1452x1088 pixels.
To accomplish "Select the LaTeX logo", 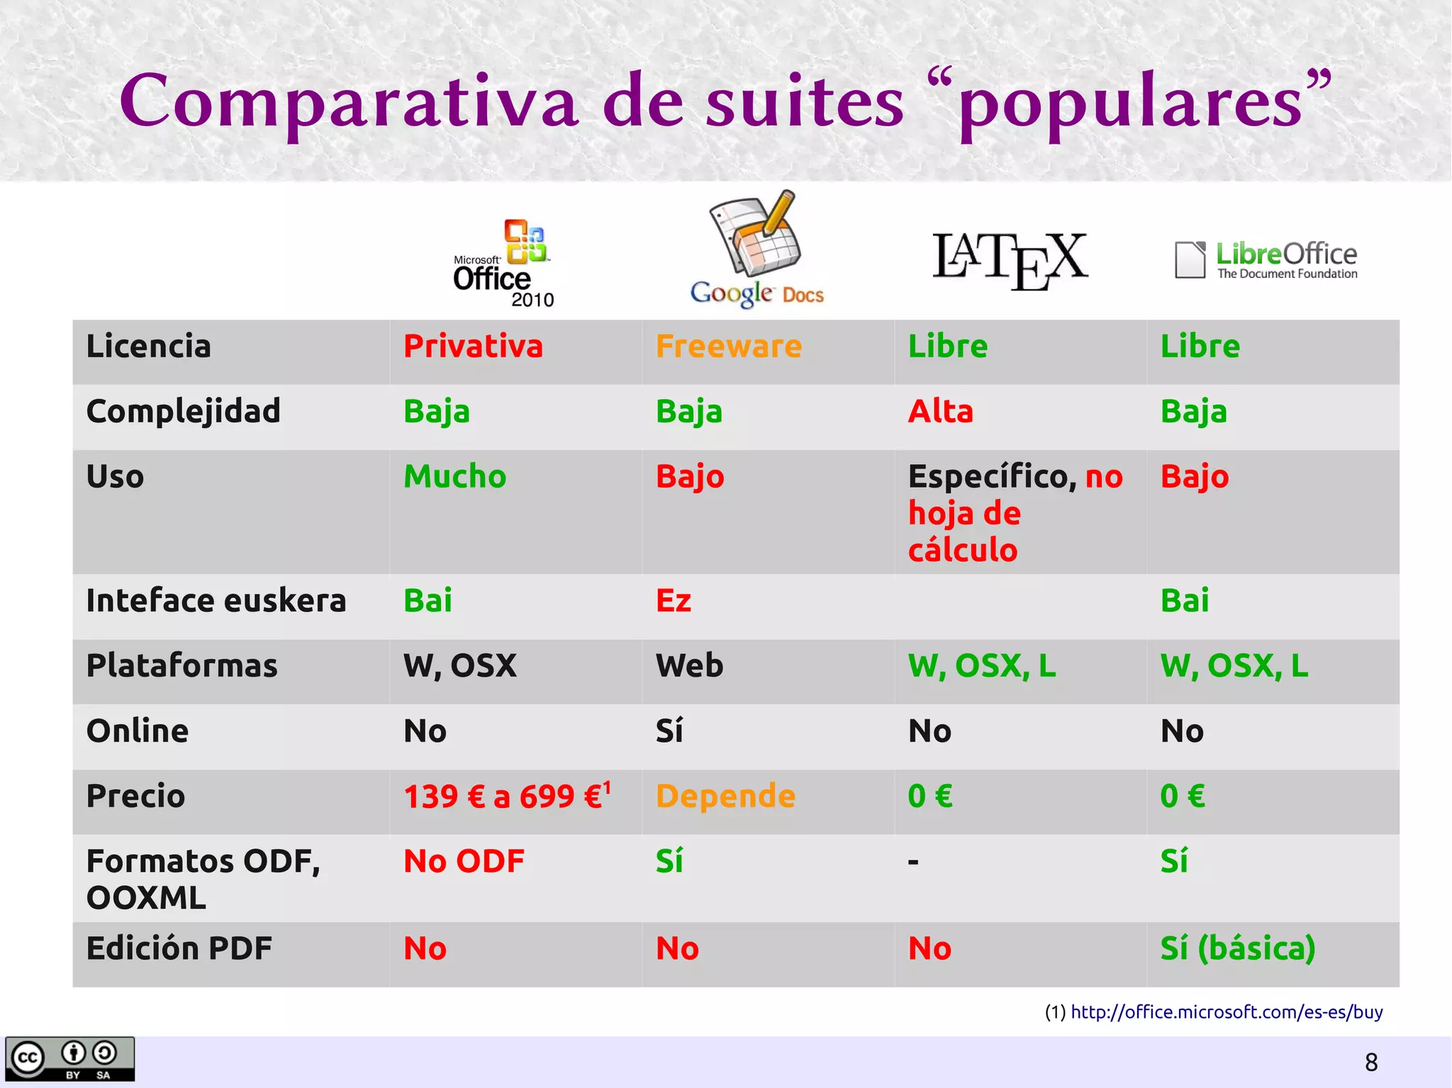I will (1010, 260).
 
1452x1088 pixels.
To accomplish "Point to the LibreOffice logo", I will (1266, 260).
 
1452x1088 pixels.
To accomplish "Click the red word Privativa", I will (473, 347).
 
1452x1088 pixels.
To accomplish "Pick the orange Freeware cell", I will (729, 347).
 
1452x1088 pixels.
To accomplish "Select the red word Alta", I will (941, 412).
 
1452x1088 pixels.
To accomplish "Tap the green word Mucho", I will (454, 476).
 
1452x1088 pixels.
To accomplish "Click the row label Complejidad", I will (183, 412).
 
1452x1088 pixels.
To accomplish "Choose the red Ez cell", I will (673, 601).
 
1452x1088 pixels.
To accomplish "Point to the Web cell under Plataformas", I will (689, 666).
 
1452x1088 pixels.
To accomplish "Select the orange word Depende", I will (725, 796).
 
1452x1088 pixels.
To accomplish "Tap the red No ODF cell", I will (464, 862).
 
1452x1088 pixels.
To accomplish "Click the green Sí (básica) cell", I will (1237, 949).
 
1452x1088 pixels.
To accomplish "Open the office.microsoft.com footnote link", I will (1227, 1012).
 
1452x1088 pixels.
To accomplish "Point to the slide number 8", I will (1371, 1062).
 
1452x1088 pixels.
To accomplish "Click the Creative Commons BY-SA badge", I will (69, 1059).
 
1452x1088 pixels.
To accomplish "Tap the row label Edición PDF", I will (179, 949).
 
